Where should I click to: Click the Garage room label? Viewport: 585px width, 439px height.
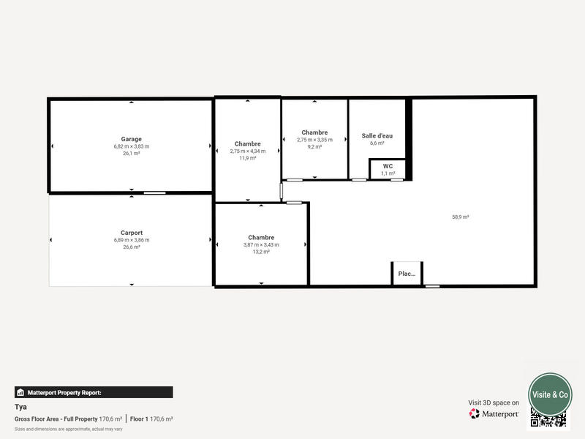132,139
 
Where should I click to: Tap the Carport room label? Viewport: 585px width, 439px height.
132,233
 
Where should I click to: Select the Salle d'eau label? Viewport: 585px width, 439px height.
377,135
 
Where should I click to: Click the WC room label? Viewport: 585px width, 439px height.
388,166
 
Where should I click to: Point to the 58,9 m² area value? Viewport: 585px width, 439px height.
461,217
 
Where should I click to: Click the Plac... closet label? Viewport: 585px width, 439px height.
407,274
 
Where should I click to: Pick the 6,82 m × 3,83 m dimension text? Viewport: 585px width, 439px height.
132,146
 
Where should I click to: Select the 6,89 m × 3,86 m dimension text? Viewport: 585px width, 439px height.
132,240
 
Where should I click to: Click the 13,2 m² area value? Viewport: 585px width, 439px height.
261,252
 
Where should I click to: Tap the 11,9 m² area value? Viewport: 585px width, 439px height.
248,158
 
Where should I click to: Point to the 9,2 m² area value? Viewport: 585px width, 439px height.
314,146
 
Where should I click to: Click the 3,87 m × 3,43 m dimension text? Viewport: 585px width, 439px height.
261,244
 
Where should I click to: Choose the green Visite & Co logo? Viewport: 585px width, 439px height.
550,394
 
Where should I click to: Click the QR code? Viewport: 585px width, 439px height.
548,419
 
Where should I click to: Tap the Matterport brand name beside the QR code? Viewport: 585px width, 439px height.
500,413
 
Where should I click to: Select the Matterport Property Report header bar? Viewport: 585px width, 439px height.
94,392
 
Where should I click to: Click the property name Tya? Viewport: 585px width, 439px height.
20,406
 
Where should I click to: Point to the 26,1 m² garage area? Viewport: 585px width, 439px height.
132,154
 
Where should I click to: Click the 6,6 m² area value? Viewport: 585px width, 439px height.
377,143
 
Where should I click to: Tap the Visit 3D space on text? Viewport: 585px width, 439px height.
494,402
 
